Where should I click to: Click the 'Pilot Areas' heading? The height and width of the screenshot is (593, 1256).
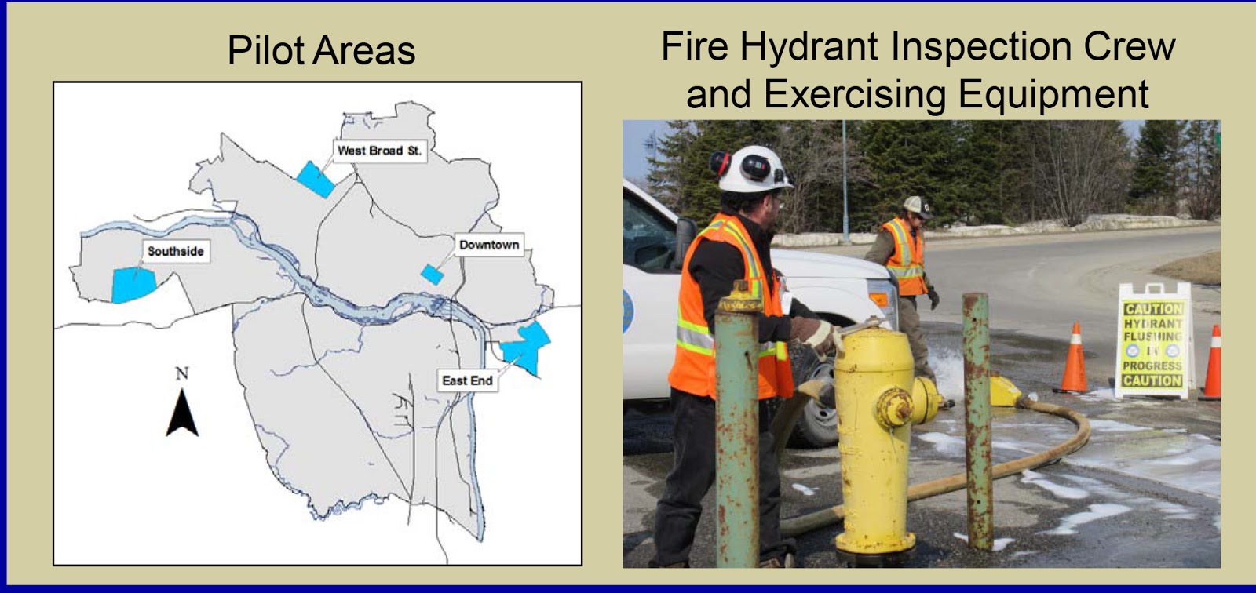click(x=321, y=51)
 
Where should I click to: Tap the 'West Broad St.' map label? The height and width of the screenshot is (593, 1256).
click(x=379, y=150)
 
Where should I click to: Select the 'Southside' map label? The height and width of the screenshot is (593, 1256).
click(x=176, y=251)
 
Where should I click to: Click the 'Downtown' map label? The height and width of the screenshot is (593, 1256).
click(x=488, y=245)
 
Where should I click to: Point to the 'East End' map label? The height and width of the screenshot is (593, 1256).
click(x=467, y=380)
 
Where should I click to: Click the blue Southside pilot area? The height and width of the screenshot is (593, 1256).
click(x=131, y=285)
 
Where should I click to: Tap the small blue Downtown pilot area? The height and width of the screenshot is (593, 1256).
click(x=432, y=274)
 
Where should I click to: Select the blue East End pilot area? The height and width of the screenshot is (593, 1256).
click(x=527, y=345)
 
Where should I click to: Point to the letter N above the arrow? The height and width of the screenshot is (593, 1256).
click(x=182, y=373)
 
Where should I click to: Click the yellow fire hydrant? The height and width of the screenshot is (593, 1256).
click(x=875, y=439)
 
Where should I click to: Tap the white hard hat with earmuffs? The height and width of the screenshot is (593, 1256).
click(x=752, y=168)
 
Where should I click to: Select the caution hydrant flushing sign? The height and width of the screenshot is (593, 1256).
click(x=1152, y=342)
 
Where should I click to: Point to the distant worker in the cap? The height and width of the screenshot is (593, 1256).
click(x=904, y=267)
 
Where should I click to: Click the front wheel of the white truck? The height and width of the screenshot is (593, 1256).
click(x=816, y=412)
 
